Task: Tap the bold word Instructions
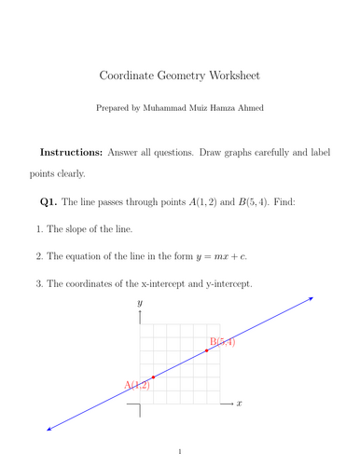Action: (x=71, y=151)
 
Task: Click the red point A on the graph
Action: (x=153, y=377)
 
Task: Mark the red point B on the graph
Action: (x=206, y=350)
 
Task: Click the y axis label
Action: (x=139, y=304)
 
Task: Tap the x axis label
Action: (x=240, y=404)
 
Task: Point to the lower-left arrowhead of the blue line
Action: (x=48, y=429)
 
